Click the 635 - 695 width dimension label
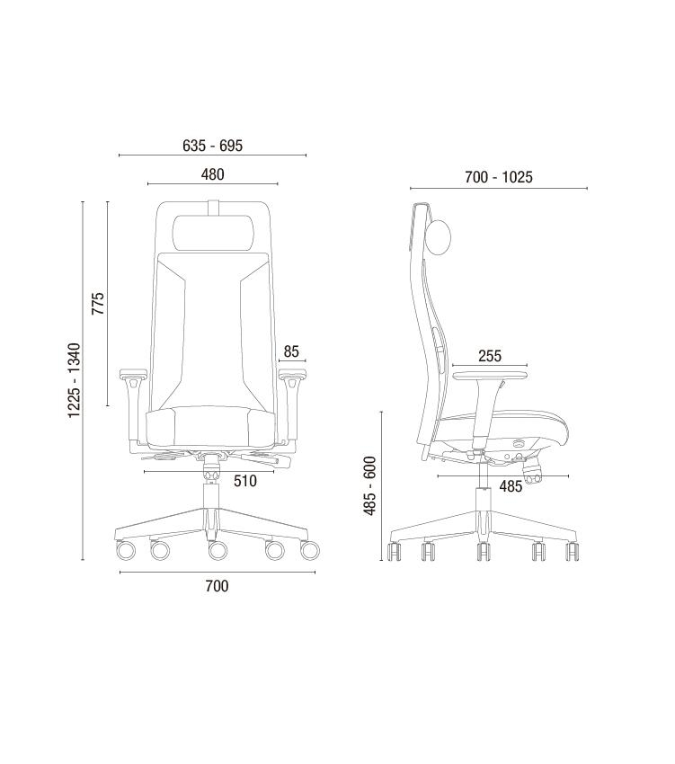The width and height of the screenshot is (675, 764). click(212, 146)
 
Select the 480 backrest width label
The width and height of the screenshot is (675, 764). click(212, 174)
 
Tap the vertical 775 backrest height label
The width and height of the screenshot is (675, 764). click(98, 303)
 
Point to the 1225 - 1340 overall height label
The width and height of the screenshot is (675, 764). click(74, 380)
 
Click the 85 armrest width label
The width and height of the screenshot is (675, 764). click(291, 351)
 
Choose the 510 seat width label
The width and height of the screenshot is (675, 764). click(244, 481)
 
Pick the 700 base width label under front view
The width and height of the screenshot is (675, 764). click(217, 586)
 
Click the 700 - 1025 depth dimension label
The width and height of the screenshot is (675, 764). click(499, 177)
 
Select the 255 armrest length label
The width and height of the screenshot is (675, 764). click(489, 356)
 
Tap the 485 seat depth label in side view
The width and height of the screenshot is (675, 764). click(511, 485)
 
